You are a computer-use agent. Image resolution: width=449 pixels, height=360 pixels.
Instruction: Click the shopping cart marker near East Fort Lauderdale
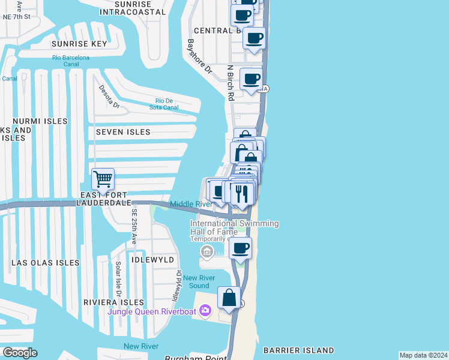click(103, 179)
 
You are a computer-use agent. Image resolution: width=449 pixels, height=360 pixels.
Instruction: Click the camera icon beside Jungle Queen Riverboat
click(206, 310)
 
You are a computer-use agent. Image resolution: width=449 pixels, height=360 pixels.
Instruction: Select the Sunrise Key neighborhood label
click(79, 44)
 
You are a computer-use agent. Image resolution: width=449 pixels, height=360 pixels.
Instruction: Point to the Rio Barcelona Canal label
click(71, 61)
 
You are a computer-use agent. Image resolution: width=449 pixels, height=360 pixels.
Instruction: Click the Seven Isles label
click(119, 132)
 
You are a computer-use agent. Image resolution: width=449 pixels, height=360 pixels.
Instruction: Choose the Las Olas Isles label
click(45, 263)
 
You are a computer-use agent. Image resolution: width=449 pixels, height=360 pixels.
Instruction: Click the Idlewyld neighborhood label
click(154, 260)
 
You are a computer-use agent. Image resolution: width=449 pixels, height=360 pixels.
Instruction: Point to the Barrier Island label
click(298, 350)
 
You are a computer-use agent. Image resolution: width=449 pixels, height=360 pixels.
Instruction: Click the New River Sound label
click(196, 281)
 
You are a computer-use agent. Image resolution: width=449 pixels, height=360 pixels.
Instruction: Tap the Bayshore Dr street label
click(200, 57)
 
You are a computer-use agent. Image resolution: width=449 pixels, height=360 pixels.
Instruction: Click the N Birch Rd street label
click(230, 83)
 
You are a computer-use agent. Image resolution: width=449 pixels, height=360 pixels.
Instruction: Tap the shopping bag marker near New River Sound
click(229, 298)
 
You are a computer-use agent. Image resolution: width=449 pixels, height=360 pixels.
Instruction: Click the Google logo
click(20, 353)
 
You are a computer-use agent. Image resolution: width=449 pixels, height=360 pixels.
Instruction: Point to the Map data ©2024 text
click(423, 355)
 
